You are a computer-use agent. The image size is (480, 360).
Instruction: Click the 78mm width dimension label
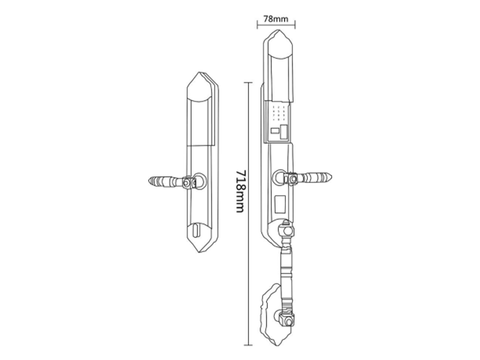tap(276, 19)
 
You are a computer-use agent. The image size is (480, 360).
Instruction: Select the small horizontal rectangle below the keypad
tap(275, 131)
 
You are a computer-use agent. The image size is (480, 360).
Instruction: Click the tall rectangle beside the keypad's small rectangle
tap(284, 132)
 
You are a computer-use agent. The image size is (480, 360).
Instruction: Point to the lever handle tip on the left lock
tap(149, 181)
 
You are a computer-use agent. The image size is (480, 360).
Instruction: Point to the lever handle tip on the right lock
tap(331, 177)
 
